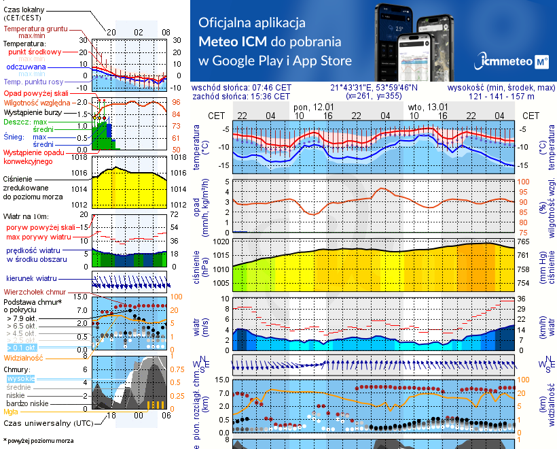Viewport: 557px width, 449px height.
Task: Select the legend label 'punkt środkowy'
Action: [35, 52]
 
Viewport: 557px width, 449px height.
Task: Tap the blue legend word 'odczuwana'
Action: [25, 67]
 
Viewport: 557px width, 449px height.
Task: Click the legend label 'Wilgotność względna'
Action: [38, 102]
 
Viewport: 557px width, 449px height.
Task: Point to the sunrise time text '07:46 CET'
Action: [271, 88]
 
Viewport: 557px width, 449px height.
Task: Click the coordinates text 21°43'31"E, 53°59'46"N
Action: [374, 88]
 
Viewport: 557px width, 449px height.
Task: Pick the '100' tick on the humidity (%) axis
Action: [523, 182]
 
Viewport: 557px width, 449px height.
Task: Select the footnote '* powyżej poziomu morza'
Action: [38, 441]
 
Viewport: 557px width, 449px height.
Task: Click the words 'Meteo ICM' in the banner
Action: [232, 41]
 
